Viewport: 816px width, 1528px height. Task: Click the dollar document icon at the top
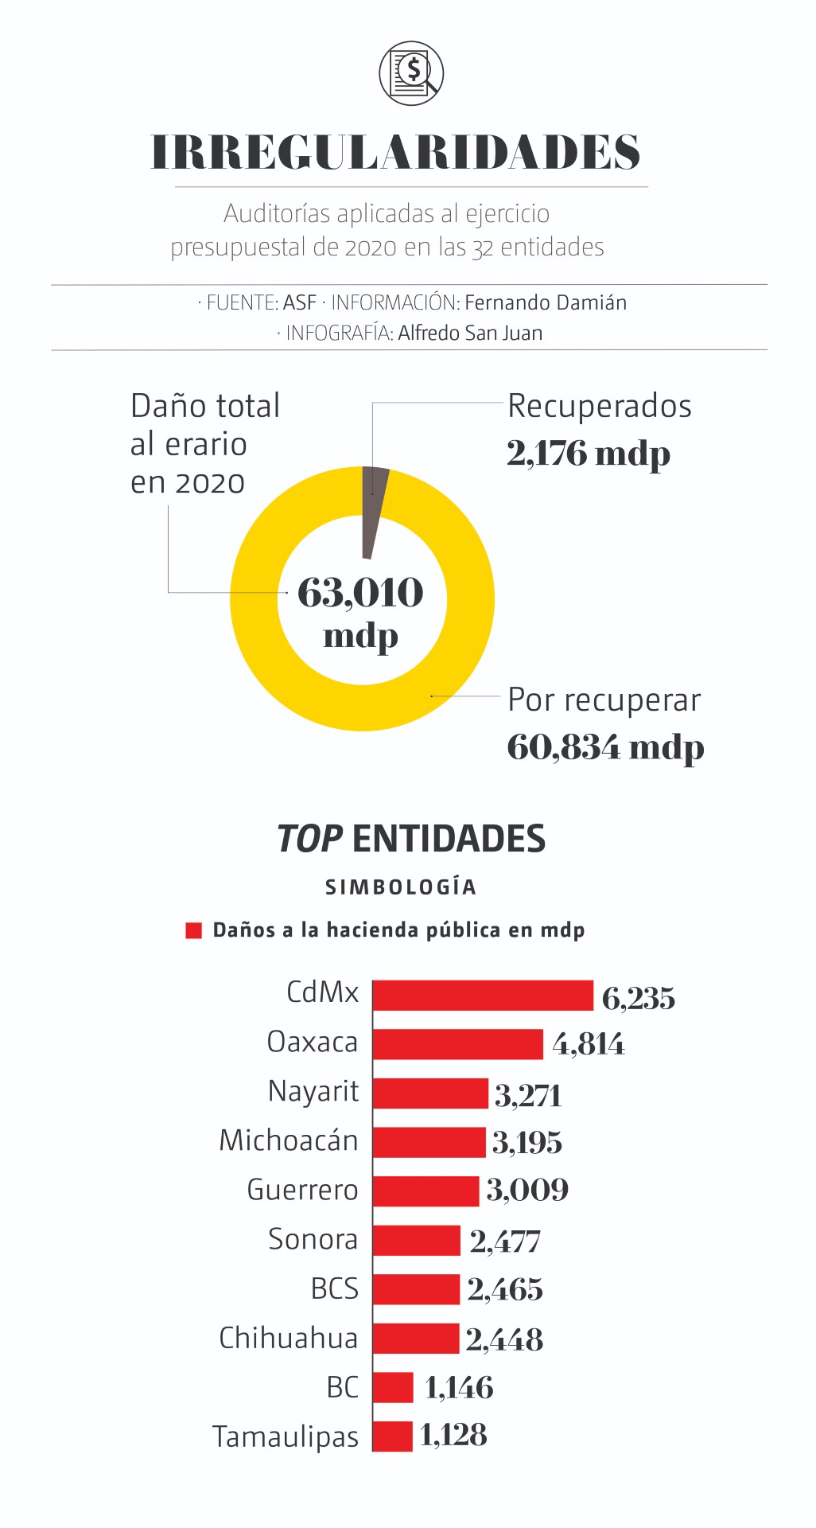(x=410, y=73)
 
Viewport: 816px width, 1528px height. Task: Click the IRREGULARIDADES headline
(x=395, y=152)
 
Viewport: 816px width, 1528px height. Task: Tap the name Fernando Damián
(x=546, y=303)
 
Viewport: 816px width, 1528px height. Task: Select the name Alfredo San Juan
(x=470, y=333)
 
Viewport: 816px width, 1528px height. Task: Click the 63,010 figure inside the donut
(x=361, y=593)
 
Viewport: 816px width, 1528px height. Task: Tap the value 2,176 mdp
(x=589, y=454)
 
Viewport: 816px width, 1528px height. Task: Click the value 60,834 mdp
(x=605, y=747)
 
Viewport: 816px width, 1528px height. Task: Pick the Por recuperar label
(x=604, y=700)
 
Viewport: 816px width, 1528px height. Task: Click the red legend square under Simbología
(x=193, y=930)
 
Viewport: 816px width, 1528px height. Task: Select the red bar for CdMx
(x=483, y=996)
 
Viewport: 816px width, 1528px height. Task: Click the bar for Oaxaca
(x=457, y=1044)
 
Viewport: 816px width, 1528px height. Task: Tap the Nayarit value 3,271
(x=528, y=1096)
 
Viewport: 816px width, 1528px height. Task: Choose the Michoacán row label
(x=289, y=1140)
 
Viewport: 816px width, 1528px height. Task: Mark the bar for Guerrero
(x=425, y=1191)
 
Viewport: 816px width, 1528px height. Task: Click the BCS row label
(x=334, y=1289)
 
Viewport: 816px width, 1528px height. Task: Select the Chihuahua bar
(x=416, y=1339)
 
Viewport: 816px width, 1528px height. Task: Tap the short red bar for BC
(x=393, y=1387)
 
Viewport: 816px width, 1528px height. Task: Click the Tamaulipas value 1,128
(x=453, y=1435)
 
